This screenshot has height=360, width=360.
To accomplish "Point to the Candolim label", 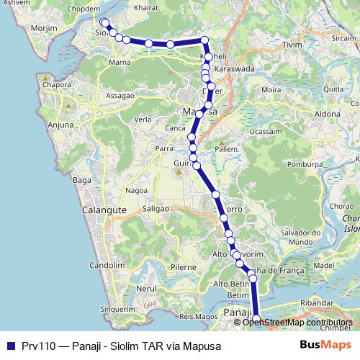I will (107, 265).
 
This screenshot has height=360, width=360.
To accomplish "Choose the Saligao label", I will (155, 207).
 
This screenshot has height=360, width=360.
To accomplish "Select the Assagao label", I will (120, 95).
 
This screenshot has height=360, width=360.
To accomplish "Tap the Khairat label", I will (146, 8).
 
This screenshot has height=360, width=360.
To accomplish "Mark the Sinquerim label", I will (117, 309).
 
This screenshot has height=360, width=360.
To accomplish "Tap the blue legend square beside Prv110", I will (10, 345).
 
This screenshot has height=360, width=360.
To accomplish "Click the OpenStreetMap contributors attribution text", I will (297, 323).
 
